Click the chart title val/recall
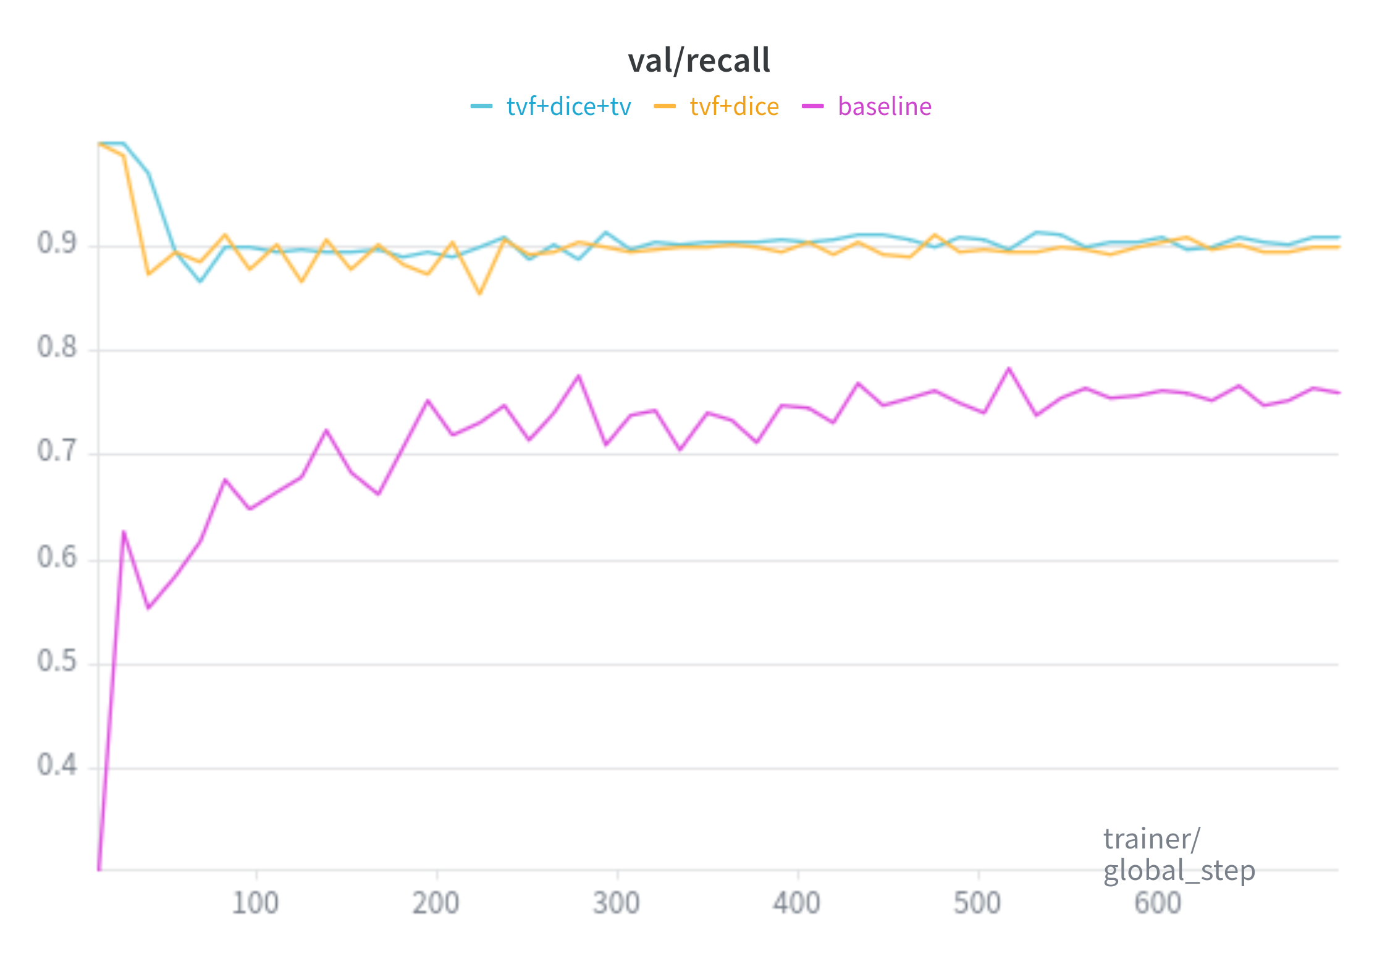tap(699, 61)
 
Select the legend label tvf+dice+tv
tap(568, 106)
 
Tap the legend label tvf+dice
tap(734, 106)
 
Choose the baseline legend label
tap(884, 106)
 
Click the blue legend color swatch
tap(481, 106)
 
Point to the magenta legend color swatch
tap(812, 106)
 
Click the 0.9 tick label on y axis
tap(57, 243)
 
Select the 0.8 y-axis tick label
tap(57, 347)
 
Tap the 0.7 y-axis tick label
tap(57, 451)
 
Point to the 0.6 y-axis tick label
tap(57, 557)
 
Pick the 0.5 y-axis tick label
tap(57, 661)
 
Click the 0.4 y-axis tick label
tap(57, 765)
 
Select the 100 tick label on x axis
tap(255, 903)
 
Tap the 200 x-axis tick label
tap(436, 903)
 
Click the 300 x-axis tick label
tap(617, 903)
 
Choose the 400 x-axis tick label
tap(797, 903)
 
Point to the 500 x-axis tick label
tap(977, 903)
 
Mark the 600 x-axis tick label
tap(1158, 903)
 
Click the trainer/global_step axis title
tap(1179, 855)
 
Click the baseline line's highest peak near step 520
tap(1009, 369)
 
